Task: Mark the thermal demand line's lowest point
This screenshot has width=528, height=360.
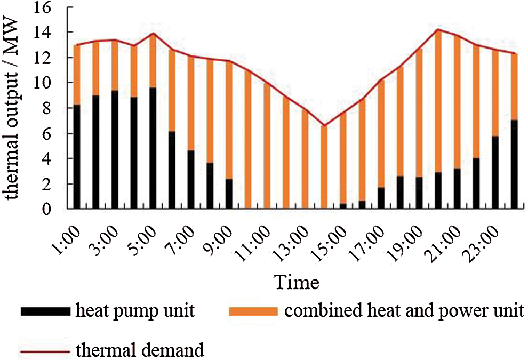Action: click(324, 125)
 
